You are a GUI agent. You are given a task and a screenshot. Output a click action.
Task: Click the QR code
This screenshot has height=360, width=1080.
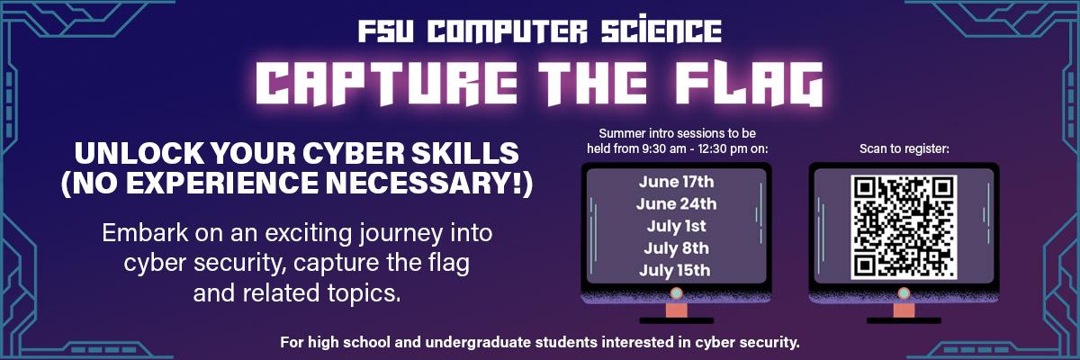point(904,227)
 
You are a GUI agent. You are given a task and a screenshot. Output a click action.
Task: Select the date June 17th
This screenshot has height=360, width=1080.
point(677,182)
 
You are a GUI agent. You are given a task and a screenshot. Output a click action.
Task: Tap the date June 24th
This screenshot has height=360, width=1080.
point(677,204)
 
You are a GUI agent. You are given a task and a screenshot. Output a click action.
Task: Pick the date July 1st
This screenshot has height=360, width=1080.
point(677,226)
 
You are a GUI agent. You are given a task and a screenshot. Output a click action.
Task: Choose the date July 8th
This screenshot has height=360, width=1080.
point(677,248)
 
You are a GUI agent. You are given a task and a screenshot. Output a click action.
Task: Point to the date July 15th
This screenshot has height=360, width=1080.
point(675,270)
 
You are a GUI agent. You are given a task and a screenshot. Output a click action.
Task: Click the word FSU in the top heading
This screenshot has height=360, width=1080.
point(386,31)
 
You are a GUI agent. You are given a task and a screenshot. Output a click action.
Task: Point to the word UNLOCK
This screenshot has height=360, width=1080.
point(139,153)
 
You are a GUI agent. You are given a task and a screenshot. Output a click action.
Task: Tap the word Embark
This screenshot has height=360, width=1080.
point(145,233)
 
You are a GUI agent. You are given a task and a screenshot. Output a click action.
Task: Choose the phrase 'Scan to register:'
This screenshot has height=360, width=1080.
point(904,148)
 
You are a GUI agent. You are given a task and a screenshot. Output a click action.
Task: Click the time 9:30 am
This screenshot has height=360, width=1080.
point(664,148)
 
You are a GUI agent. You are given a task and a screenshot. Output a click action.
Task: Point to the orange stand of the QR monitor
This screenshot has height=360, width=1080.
point(904,310)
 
